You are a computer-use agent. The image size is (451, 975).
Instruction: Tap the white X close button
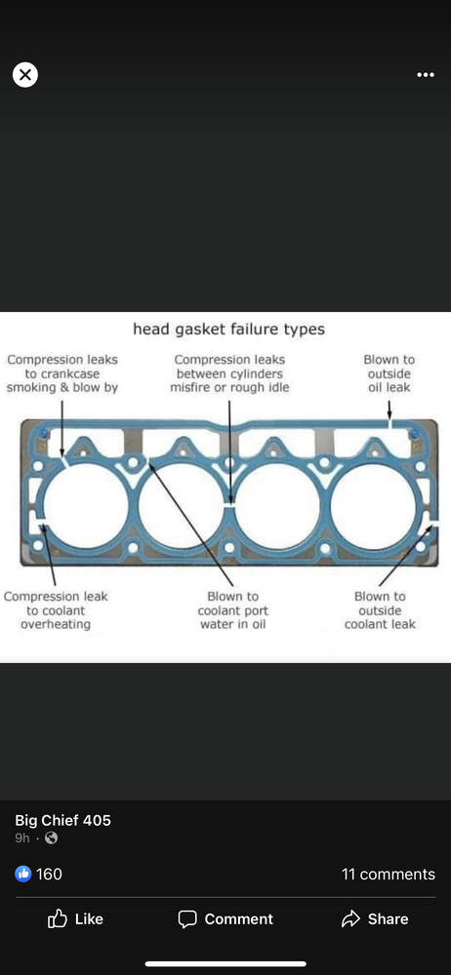[25, 75]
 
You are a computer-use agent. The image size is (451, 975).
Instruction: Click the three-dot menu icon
[426, 75]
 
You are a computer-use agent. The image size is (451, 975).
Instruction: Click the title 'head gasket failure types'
[228, 329]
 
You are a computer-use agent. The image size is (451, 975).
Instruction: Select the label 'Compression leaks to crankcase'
[62, 367]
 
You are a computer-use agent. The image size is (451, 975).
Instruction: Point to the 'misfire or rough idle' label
[229, 387]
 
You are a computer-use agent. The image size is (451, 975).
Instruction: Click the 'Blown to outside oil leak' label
[389, 373]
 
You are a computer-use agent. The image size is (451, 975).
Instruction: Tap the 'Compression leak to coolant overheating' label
[56, 610]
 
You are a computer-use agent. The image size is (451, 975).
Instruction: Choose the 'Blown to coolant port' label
[233, 604]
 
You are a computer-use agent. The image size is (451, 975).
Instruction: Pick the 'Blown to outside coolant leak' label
[380, 610]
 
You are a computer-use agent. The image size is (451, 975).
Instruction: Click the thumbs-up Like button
[75, 919]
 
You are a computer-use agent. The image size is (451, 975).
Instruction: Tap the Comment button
[225, 919]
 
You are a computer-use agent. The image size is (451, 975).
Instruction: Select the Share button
[375, 919]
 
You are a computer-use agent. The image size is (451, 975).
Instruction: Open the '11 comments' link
[389, 875]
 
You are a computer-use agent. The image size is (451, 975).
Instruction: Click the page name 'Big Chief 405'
[62, 820]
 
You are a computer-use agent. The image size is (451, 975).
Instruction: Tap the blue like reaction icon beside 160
[22, 875]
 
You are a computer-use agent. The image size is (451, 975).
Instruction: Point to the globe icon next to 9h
[52, 838]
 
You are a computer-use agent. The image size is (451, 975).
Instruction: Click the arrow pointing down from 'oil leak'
[389, 409]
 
